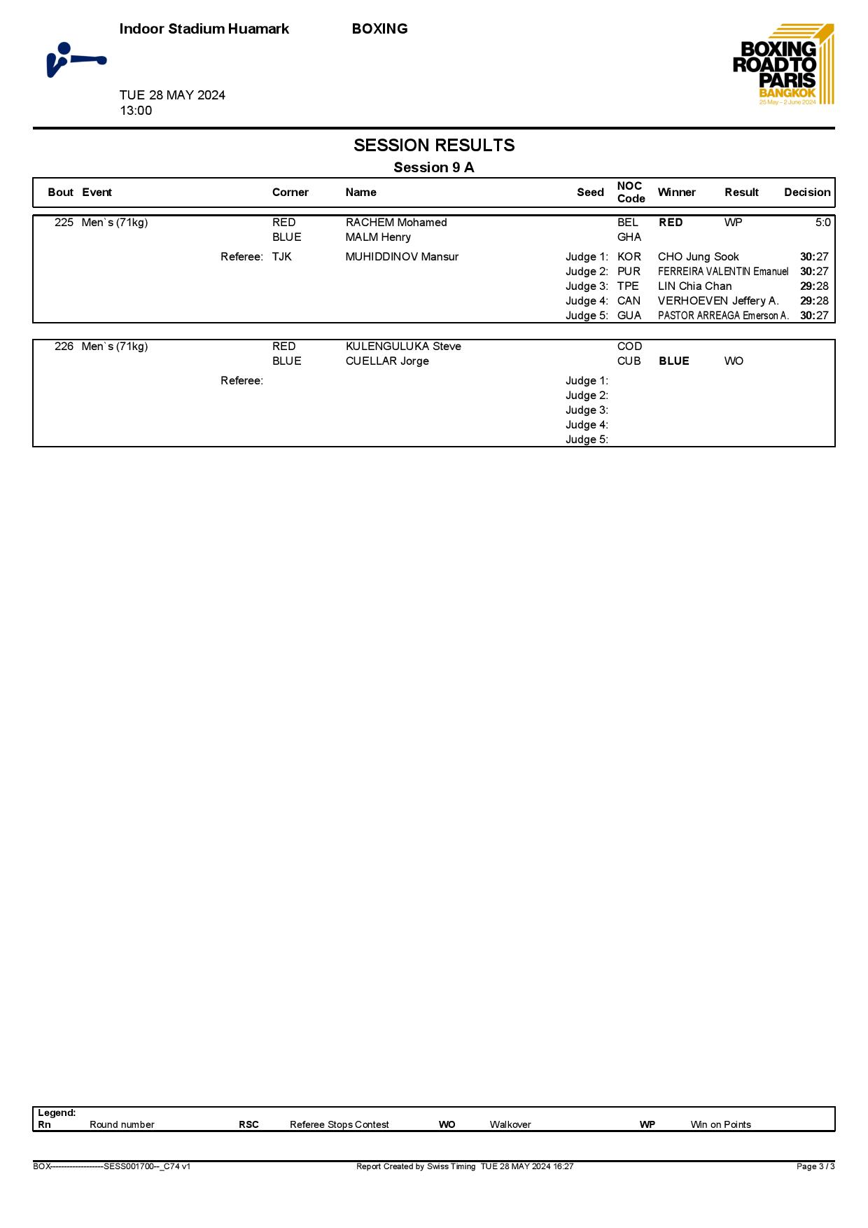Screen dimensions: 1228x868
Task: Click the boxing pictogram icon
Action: click(x=76, y=60)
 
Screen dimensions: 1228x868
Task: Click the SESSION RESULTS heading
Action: click(x=434, y=146)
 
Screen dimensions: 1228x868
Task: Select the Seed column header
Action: click(x=590, y=193)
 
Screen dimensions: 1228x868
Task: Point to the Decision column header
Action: click(x=807, y=193)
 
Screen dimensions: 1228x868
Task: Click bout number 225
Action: click(x=64, y=223)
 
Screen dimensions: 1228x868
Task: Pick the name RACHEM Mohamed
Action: click(x=396, y=223)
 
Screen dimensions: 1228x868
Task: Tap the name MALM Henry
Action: click(x=378, y=237)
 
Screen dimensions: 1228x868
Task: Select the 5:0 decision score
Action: click(x=822, y=223)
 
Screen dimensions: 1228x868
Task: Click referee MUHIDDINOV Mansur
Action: click(x=402, y=257)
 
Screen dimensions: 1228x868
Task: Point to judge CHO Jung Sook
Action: click(x=698, y=257)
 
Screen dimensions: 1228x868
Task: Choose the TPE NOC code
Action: click(x=628, y=286)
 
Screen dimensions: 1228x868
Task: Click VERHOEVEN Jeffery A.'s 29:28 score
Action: click(x=814, y=301)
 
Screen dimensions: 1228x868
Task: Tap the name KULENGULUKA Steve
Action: click(x=403, y=347)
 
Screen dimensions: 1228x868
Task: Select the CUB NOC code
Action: click(x=629, y=361)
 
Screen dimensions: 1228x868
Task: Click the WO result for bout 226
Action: click(x=734, y=361)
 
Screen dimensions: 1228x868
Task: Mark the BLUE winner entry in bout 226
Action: click(x=674, y=361)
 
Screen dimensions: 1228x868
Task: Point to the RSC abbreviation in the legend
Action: click(x=248, y=1125)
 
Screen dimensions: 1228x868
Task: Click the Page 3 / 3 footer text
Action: click(x=815, y=1166)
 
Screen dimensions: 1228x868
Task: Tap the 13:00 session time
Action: click(x=136, y=111)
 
